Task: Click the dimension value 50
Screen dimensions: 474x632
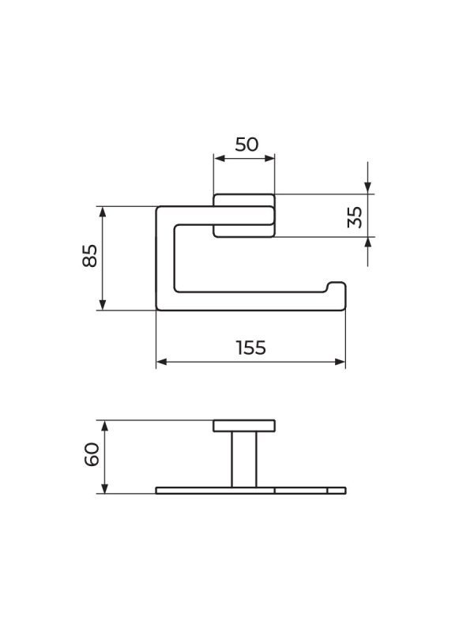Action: coord(246,145)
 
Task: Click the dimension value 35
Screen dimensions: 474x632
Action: coord(355,216)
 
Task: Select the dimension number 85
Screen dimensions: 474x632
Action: coord(90,255)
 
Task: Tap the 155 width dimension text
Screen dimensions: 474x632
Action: coord(250,348)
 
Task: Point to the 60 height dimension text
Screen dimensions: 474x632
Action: coord(92,454)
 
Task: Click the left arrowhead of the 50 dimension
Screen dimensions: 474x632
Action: coord(218,158)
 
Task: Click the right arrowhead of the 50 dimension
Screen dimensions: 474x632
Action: coord(270,158)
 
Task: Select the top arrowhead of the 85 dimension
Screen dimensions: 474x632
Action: coord(103,211)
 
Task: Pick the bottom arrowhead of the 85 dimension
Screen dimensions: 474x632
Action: coord(103,305)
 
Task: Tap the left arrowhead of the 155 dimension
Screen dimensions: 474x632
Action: coord(161,362)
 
